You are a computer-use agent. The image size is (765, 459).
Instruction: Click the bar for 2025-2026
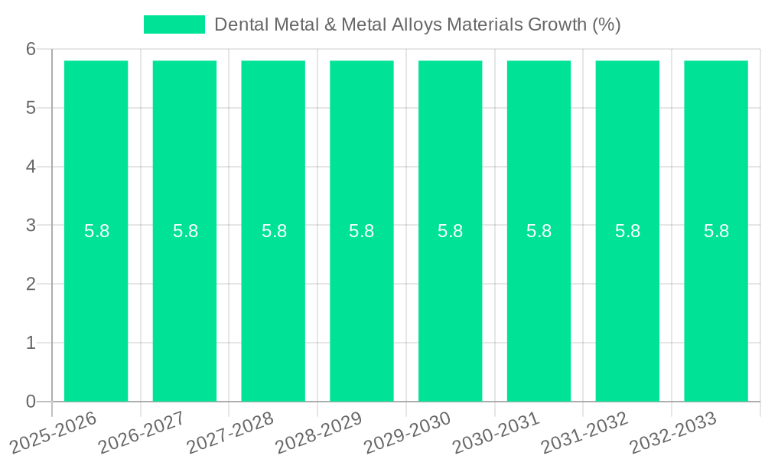(96, 306)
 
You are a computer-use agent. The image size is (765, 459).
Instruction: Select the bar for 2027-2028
(273, 306)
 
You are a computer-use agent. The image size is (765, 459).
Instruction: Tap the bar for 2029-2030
(450, 306)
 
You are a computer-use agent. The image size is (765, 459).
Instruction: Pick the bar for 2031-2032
(627, 306)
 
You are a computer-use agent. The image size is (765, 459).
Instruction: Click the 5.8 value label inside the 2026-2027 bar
(185, 231)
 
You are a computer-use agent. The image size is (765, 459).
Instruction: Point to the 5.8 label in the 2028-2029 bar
(362, 231)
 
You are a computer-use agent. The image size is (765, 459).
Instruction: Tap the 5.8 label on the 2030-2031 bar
(539, 231)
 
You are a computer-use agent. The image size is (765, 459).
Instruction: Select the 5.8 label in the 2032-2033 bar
(716, 231)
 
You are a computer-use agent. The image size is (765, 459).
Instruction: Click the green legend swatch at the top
(174, 24)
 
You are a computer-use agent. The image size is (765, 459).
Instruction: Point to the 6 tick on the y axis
(31, 49)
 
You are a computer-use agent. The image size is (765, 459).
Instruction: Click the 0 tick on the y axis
(31, 402)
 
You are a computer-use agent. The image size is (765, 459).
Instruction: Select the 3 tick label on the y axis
(31, 225)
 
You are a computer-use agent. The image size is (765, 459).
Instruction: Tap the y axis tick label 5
(31, 108)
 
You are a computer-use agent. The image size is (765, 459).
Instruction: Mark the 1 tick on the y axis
(31, 343)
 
